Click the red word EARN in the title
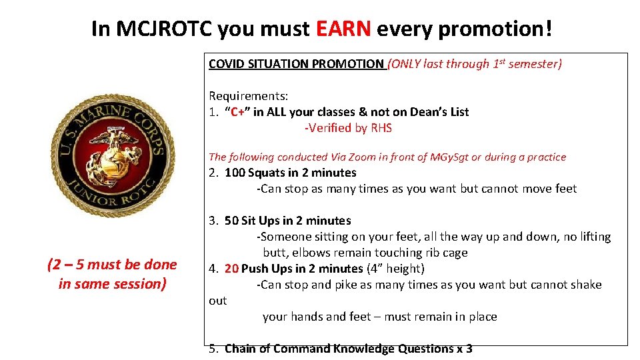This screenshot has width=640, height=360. tap(343, 29)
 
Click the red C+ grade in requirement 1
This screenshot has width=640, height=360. tap(238, 112)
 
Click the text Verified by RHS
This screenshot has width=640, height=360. tap(348, 128)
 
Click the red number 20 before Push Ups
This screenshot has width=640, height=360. tap(231, 269)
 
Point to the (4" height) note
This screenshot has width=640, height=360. tap(395, 269)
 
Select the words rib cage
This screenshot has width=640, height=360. tap(445, 253)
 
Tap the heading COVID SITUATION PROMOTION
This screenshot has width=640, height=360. tap(296, 64)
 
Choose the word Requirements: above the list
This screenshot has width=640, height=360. tap(248, 96)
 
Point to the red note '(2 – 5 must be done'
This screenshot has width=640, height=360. tap(112, 265)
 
